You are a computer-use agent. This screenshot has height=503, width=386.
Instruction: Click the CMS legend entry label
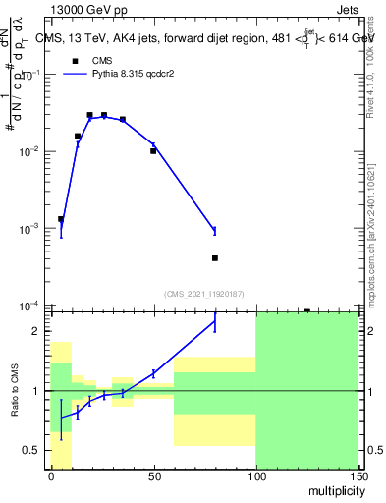101,60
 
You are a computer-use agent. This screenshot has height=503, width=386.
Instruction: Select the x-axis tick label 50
152,475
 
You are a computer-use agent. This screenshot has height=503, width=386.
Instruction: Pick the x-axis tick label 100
255,475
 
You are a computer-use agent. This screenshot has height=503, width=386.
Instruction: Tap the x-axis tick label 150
358,475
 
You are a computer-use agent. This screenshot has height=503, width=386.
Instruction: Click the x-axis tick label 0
51,475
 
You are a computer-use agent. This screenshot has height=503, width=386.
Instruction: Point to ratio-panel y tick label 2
35,332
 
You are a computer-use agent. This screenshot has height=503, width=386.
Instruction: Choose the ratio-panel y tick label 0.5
31,450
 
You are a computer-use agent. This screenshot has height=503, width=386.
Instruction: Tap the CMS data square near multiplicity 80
214,258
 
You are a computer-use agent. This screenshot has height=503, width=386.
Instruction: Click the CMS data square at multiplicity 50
153,151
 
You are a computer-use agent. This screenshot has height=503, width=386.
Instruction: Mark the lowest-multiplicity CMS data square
61,219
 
